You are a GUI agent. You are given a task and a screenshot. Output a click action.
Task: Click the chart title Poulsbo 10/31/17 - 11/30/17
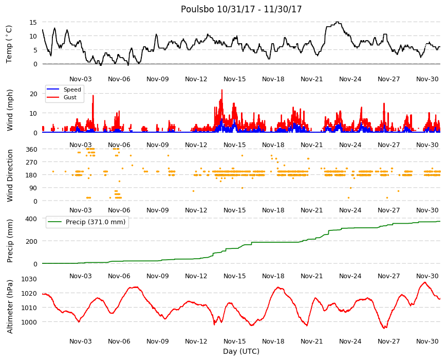pos(241,9)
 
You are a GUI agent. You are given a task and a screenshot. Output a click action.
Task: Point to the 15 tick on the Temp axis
pos(33,22)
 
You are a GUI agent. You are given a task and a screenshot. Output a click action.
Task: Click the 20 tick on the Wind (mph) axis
pos(33,94)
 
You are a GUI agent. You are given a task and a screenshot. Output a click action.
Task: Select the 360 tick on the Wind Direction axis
pos(31,150)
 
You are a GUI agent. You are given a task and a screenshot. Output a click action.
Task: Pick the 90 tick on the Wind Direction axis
pos(33,188)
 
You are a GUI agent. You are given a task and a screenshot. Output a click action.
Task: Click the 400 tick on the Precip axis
pos(31,219)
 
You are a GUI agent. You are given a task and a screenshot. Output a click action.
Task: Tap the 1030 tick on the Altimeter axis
pos(29,279)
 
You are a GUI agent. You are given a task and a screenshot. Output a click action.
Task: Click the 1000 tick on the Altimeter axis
pos(29,322)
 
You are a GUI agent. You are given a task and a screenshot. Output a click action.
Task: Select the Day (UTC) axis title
pos(241,351)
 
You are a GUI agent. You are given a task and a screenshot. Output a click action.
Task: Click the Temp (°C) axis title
pos(9,44)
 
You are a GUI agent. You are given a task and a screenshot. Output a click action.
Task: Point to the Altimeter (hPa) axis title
pos(10,307)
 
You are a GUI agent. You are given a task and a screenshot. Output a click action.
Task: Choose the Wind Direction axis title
pos(10,175)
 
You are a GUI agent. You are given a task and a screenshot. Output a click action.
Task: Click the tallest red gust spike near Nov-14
pos(222,90)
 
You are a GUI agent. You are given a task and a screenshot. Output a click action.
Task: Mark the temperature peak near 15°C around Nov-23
pos(338,22)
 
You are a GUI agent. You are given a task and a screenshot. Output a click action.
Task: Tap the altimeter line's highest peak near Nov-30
pos(425,282)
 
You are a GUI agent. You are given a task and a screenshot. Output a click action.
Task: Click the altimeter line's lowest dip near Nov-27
pos(384,328)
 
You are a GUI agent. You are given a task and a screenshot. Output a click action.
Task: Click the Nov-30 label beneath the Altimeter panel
pos(427,341)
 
